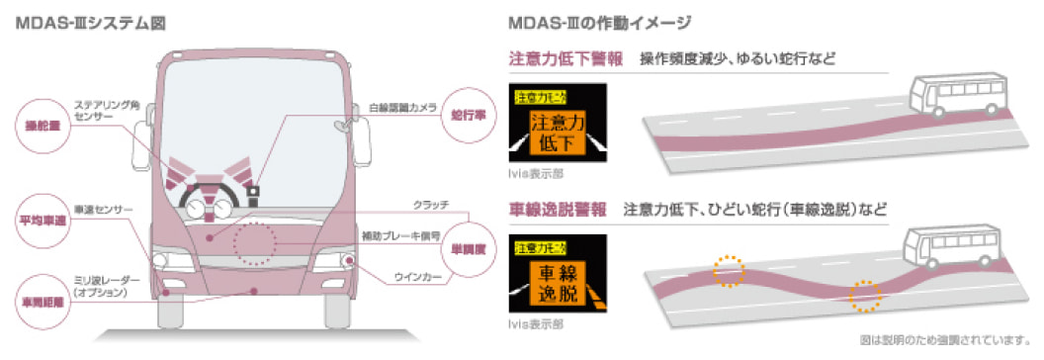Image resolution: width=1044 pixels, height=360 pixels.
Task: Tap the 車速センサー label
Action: [100, 210]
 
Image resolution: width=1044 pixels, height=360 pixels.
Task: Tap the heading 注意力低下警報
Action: [565, 59]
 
